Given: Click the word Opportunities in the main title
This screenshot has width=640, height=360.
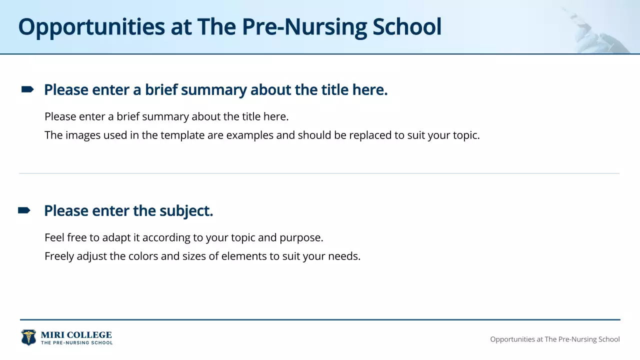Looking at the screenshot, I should (91, 27).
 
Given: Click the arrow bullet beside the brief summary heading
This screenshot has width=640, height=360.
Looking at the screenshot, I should (27, 89).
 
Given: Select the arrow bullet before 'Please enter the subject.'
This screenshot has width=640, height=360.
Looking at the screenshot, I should (24, 210).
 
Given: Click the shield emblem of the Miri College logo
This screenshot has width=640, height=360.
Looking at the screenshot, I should (28, 337).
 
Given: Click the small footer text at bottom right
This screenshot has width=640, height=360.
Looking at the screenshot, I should (554, 339).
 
